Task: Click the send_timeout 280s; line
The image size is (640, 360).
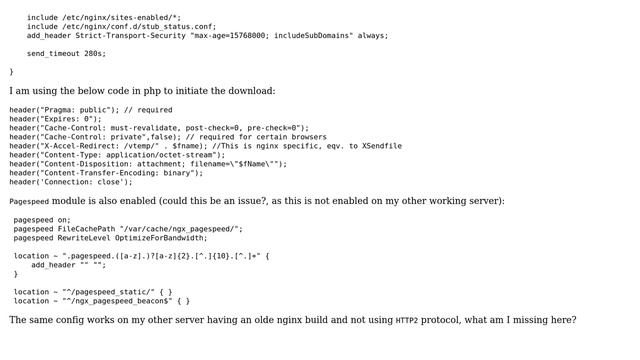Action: tap(66, 53)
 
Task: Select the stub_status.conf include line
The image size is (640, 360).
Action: tap(121, 26)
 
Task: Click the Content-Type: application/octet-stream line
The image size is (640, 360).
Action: tap(117, 155)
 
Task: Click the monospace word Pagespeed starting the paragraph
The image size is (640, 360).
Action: tap(29, 202)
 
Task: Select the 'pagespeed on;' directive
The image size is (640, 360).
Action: tap(42, 220)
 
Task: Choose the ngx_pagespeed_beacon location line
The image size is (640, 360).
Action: tap(101, 300)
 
